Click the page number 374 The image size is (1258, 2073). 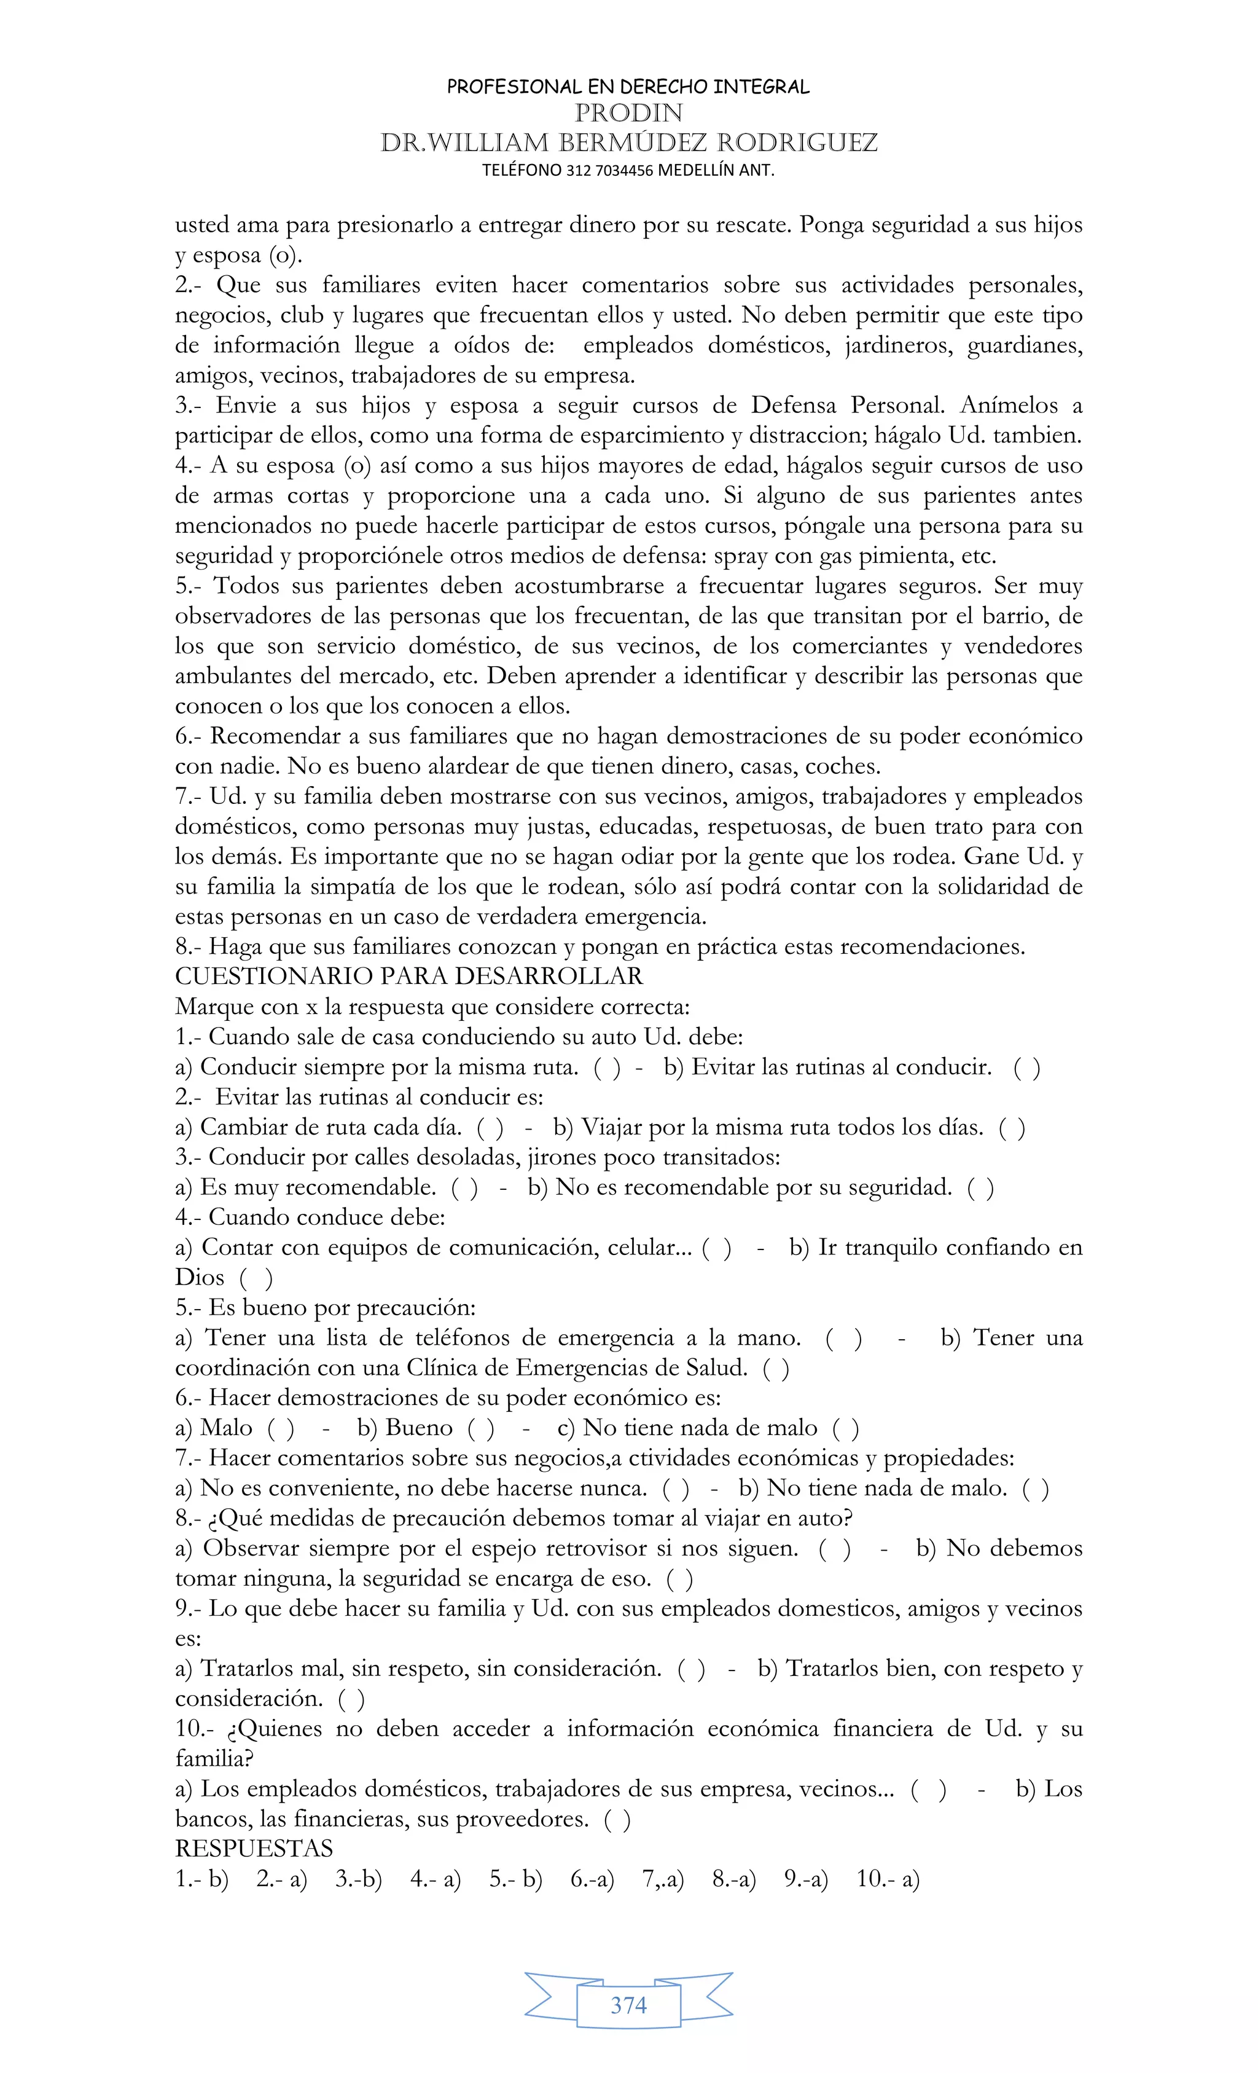tap(628, 2005)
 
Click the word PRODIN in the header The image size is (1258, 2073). tap(628, 112)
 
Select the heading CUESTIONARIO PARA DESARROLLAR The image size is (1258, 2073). tap(408, 976)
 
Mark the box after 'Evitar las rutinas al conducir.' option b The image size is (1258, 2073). tap(1027, 1067)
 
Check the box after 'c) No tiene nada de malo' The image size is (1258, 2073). tap(846, 1427)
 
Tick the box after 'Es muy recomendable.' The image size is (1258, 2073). tap(465, 1187)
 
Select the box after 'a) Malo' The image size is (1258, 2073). tap(281, 1427)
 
